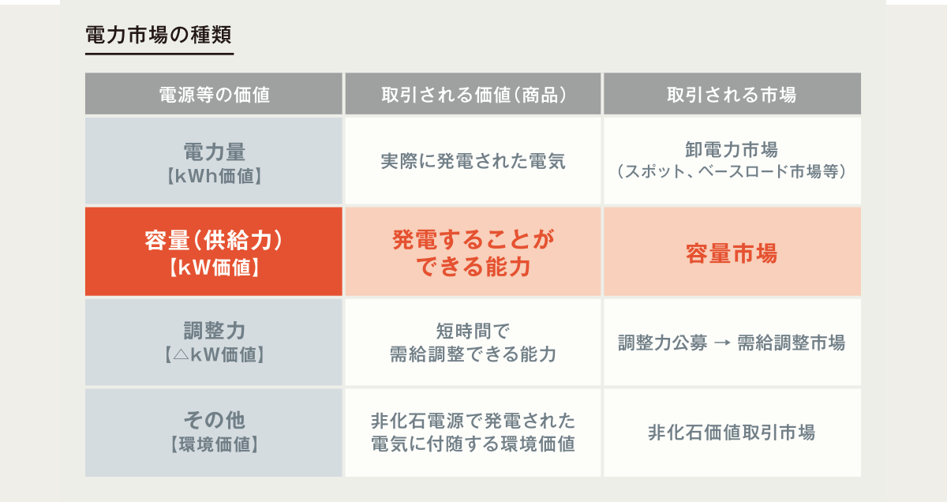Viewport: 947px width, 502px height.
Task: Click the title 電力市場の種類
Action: click(x=159, y=35)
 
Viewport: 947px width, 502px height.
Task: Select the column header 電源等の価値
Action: click(x=215, y=94)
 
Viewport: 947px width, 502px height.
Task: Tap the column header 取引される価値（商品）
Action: click(x=473, y=94)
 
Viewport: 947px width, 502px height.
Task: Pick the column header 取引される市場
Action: click(x=732, y=94)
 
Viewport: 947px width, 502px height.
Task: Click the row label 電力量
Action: click(x=215, y=152)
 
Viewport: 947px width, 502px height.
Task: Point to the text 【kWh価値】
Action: click(x=215, y=176)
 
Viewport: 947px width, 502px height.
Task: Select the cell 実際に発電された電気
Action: click(x=473, y=161)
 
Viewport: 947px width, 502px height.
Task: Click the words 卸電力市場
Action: click(x=732, y=149)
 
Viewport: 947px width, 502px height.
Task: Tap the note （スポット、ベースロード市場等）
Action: click(x=732, y=171)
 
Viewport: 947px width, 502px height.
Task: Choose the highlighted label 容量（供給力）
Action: click(x=214, y=240)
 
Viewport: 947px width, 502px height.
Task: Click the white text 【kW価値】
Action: click(x=215, y=268)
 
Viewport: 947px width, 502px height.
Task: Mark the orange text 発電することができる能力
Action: click(x=473, y=253)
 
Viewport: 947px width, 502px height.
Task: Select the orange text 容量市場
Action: click(x=732, y=253)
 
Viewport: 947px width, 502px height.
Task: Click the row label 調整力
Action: click(x=215, y=330)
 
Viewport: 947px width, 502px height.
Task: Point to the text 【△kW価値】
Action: click(x=215, y=355)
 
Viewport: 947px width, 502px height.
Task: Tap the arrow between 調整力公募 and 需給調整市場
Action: click(x=722, y=343)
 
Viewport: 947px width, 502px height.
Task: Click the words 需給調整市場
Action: click(x=791, y=343)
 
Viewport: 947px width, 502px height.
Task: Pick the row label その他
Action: click(x=215, y=420)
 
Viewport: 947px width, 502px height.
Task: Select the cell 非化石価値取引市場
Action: click(x=732, y=433)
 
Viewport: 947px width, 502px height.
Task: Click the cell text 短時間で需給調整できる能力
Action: click(x=473, y=343)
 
